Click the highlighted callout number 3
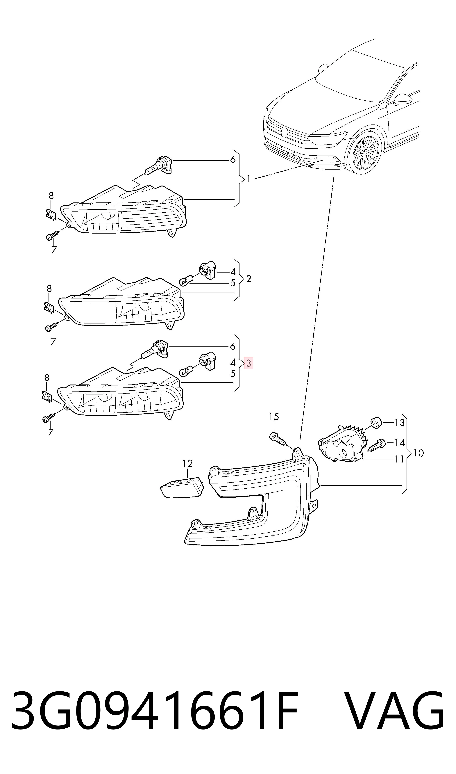[x=248, y=363]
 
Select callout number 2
[x=249, y=279]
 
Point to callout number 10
[x=419, y=453]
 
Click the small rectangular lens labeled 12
[x=182, y=488]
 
